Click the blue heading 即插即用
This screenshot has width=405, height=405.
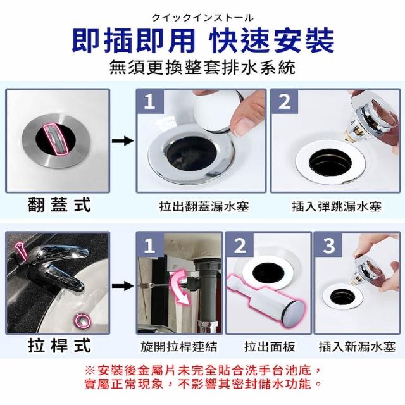(x=134, y=40)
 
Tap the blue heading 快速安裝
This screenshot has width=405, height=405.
(x=271, y=40)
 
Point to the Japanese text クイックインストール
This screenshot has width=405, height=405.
(x=202, y=18)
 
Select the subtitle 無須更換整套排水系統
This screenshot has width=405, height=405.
(x=202, y=68)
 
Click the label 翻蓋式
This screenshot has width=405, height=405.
(x=59, y=204)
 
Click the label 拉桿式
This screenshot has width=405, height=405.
(x=59, y=346)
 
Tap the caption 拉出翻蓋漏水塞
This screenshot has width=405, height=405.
(x=204, y=206)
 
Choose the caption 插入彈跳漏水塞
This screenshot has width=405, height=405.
(x=337, y=206)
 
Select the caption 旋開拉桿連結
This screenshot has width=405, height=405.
(x=179, y=347)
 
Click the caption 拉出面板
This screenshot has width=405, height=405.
(x=270, y=347)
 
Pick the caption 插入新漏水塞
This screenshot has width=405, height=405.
(x=357, y=347)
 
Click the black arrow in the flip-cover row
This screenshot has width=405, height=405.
(x=123, y=141)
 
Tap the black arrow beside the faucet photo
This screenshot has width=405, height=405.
(x=123, y=286)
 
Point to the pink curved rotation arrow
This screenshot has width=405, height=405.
(x=181, y=285)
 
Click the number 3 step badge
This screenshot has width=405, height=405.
(x=328, y=246)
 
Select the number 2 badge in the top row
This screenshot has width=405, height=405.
(x=284, y=101)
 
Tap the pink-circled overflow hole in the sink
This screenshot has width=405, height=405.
(x=83, y=320)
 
